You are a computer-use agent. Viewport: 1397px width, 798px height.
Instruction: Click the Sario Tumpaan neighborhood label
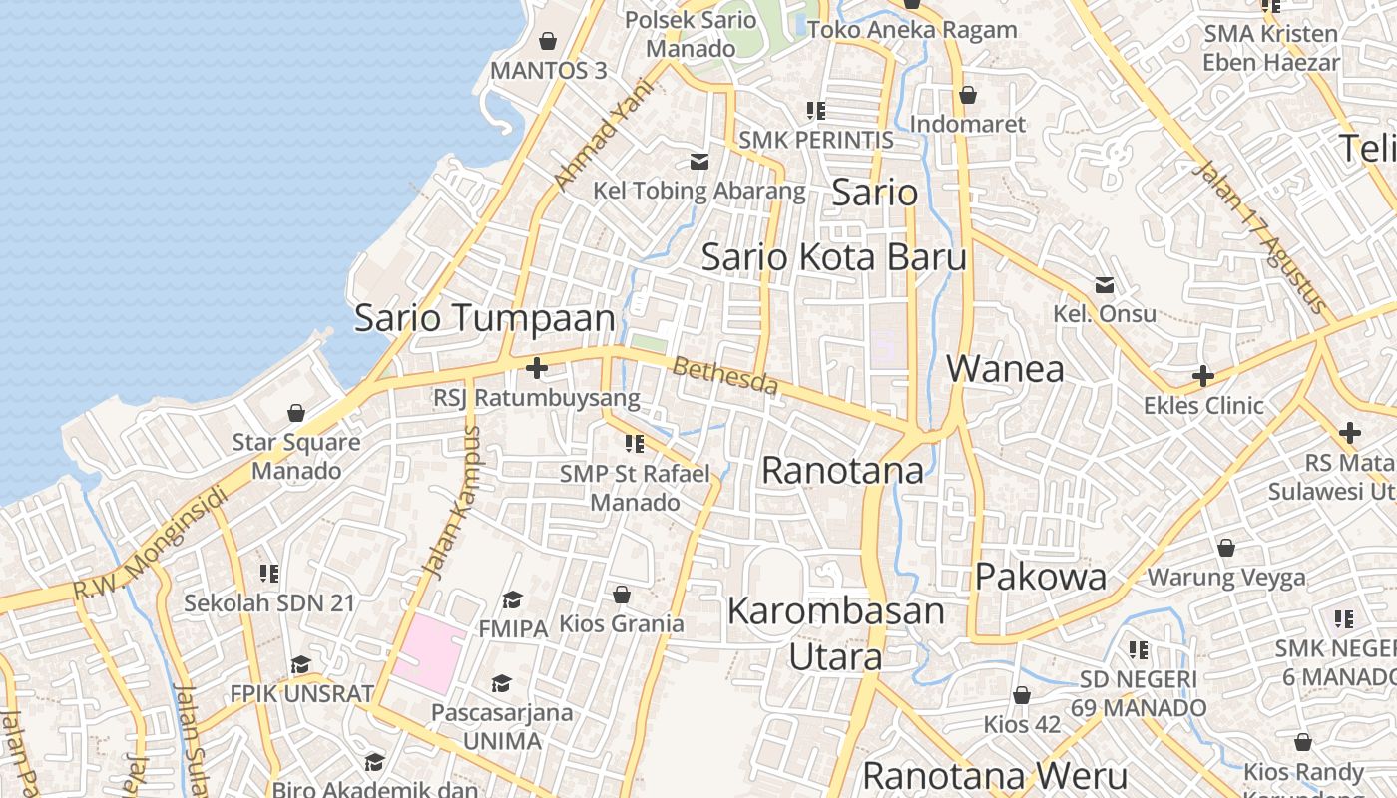485,318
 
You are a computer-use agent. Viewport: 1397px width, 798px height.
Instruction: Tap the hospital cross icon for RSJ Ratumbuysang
537,369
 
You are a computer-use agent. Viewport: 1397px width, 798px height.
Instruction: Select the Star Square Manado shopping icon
296,413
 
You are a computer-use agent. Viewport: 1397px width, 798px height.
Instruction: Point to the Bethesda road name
724,376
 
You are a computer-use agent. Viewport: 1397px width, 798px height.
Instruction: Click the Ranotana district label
842,470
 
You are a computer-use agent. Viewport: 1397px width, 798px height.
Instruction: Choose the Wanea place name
1005,369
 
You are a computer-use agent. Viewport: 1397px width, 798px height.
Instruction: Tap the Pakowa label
1041,577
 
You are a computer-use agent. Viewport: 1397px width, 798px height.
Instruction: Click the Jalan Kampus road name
452,502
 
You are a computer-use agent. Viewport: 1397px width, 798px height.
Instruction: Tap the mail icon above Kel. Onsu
1105,285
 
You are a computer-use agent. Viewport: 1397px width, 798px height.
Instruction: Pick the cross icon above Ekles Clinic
1203,376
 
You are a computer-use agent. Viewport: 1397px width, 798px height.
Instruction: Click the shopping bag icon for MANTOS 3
547,41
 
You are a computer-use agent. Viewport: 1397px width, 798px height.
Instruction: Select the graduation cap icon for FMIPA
513,599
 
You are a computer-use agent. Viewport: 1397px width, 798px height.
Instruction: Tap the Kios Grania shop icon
622,596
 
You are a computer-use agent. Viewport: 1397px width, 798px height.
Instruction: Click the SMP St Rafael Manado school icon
635,443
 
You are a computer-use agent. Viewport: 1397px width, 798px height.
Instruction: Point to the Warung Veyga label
1226,577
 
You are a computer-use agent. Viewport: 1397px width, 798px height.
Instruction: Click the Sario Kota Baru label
834,257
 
